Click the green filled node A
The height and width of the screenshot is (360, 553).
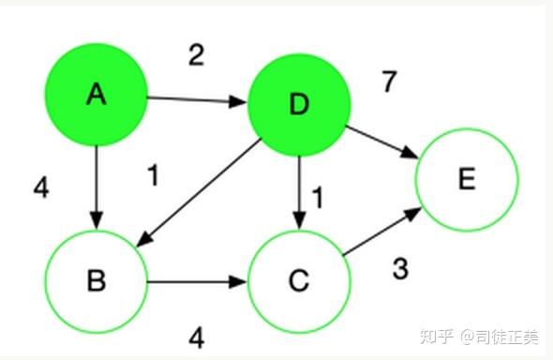coord(96,94)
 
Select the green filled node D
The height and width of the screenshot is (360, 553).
coord(298,104)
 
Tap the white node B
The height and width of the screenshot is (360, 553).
coord(96,281)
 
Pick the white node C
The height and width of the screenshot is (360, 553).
coord(298,281)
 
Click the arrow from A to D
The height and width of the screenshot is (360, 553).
coord(196,98)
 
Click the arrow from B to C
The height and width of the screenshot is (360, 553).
coord(196,280)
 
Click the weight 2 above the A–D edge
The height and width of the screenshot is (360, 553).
coord(195,55)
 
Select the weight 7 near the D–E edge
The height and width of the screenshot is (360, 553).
coord(389,82)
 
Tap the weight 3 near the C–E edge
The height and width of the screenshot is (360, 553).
coord(400,270)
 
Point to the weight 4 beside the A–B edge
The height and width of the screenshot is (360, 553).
coord(40,187)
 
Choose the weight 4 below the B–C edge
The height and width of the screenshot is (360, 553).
coord(196,337)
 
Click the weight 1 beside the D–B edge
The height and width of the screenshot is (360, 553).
coord(154,175)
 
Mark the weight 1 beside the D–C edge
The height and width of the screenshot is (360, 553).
coord(318,198)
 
